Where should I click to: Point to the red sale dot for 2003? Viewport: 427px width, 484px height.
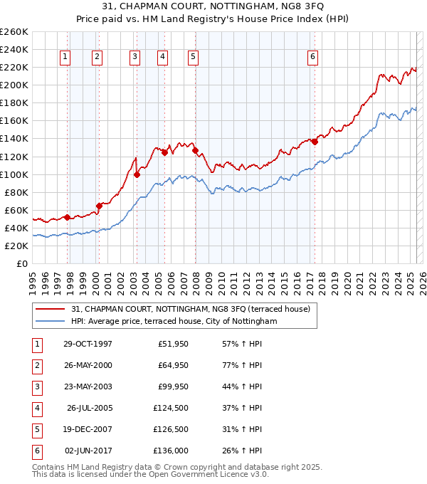coord(137,174)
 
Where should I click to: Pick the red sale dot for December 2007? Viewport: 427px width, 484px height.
coord(195,150)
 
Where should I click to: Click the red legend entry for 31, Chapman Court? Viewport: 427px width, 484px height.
coord(190,310)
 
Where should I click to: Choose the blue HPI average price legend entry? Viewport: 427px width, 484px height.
coord(174,322)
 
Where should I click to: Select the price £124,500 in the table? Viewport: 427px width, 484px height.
coord(171,408)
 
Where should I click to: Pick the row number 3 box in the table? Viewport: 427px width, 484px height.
coord(36,386)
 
